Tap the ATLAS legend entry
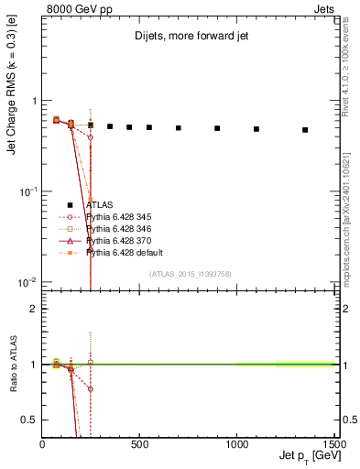tap(102, 204)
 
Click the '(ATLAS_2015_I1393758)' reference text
tap(190, 274)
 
